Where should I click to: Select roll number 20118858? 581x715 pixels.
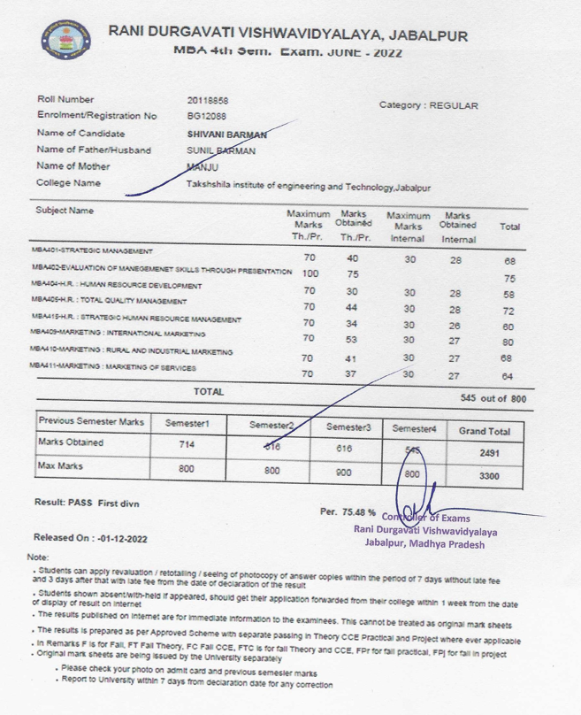208,100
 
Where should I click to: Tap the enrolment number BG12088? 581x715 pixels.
206,116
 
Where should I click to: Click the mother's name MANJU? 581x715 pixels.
203,167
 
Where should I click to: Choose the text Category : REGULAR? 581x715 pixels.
428,105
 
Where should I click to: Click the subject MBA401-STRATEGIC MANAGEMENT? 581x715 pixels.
92,252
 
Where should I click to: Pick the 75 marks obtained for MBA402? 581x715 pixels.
351,274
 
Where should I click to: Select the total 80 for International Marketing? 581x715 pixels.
508,342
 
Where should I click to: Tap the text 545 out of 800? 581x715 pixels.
493,399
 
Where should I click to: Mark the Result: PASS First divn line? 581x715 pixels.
87,503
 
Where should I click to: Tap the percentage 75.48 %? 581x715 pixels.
348,512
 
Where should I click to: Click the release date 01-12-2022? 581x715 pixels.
124,537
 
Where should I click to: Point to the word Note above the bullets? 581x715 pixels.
38,557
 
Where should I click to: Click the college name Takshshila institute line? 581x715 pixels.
308,188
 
